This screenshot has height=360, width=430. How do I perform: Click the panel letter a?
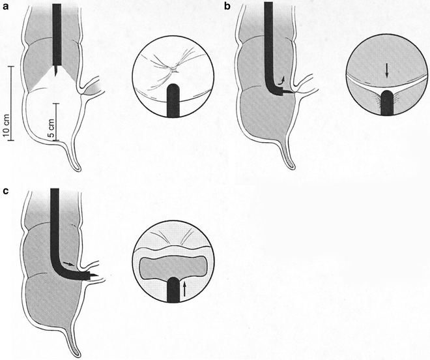click(x=5, y=7)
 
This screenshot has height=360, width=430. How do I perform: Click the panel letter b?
click(x=227, y=6)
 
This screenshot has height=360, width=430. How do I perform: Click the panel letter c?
click(x=5, y=190)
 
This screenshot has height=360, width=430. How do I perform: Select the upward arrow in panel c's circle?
click(x=184, y=289)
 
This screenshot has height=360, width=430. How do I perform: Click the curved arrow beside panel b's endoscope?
click(x=281, y=80)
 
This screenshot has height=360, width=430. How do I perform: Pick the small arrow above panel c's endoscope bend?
click(x=68, y=263)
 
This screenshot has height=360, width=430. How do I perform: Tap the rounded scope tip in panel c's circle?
click(x=173, y=281)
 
